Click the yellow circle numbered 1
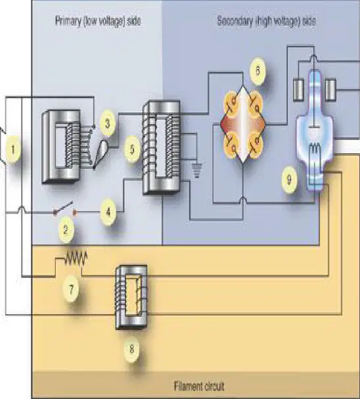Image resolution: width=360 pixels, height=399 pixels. [12, 149]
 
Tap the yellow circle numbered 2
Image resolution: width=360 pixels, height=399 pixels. [66, 230]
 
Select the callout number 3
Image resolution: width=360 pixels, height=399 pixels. [108, 124]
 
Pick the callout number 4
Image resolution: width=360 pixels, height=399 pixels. [108, 212]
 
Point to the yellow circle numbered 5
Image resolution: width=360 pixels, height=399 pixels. [132, 149]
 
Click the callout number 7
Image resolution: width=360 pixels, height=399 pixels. [71, 289]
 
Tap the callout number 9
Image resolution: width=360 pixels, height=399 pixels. [289, 180]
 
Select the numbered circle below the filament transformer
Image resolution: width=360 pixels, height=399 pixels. [131, 349]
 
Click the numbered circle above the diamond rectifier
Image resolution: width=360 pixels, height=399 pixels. [258, 70]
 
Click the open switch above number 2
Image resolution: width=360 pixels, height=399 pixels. [64, 208]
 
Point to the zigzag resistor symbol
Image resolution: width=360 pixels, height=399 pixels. [76, 258]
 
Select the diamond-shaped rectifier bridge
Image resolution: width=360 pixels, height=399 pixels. [243, 125]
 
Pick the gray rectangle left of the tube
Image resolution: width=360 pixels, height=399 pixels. [298, 89]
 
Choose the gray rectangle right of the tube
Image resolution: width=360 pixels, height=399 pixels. [330, 89]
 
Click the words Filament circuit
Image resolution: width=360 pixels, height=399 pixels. [199, 386]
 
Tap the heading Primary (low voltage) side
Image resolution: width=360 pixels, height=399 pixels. [98, 21]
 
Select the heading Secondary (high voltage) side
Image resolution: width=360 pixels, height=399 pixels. [267, 21]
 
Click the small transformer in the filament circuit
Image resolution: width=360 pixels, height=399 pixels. [131, 297]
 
